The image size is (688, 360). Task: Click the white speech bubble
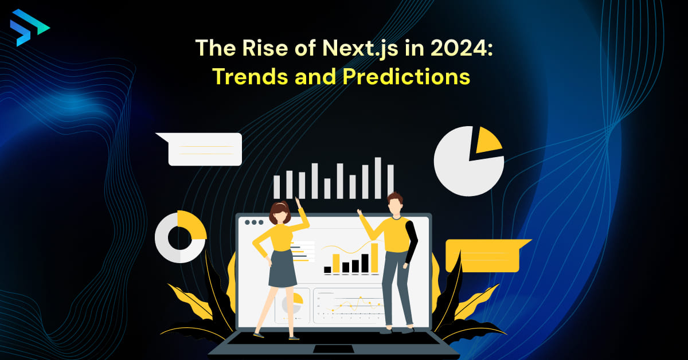pyautogui.click(x=204, y=149)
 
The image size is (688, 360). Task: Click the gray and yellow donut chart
pyautogui.click(x=180, y=236)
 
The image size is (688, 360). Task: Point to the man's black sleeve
pyautogui.click(x=411, y=241)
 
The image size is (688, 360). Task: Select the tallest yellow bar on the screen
pyautogui.click(x=374, y=257)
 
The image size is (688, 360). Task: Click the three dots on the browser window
pyautogui.click(x=254, y=222)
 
